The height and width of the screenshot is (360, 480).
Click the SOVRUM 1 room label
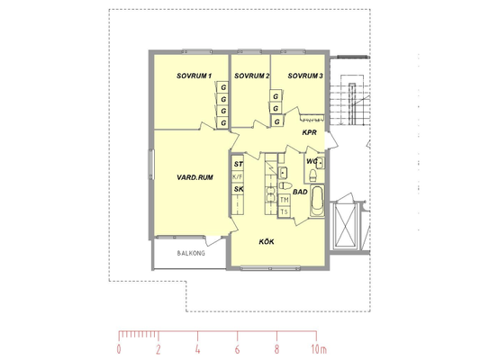point(195,76)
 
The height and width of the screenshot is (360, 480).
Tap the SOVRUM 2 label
point(252,76)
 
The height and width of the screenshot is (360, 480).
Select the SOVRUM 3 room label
point(305,76)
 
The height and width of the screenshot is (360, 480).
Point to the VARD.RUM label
point(195,177)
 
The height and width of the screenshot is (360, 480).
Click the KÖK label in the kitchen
point(267,241)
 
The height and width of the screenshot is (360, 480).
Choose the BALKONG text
point(191,253)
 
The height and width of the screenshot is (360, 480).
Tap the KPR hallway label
point(309,132)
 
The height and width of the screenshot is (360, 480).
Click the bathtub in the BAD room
point(317,201)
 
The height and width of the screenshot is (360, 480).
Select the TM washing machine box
point(284,200)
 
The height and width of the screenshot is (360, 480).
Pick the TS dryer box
point(284,211)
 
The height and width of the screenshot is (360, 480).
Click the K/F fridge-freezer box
point(238,176)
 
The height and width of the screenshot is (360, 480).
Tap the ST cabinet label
point(239,164)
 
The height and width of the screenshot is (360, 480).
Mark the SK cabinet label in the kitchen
point(239,189)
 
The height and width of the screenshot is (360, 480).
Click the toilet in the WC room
point(312,175)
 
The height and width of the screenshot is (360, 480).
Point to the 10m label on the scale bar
point(319,349)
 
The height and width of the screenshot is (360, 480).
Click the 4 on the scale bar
point(198,349)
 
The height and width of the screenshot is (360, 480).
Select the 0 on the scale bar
point(119,349)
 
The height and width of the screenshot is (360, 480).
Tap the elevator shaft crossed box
point(346,225)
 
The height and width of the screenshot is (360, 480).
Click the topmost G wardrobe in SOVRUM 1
point(223,87)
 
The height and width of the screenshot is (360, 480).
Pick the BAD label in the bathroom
point(300,192)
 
